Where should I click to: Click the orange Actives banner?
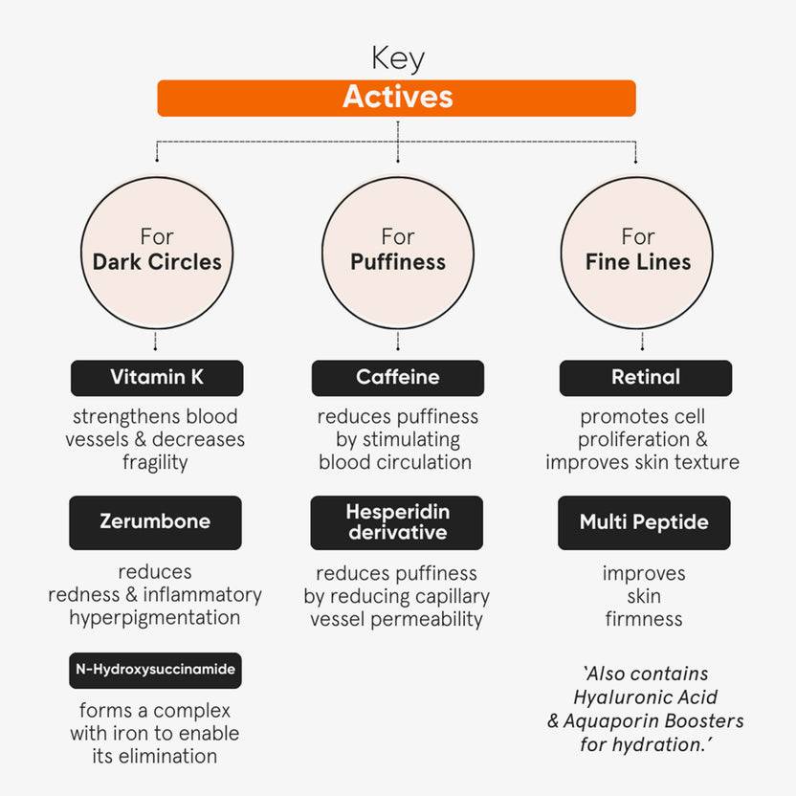tap(396, 98)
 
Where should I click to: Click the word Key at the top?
tap(397, 58)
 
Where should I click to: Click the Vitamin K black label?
tap(157, 378)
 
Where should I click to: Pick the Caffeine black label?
tap(397, 378)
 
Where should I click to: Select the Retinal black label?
tap(645, 378)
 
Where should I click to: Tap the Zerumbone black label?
tap(155, 522)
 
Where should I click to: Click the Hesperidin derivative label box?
tap(397, 522)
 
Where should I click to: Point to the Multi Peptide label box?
tap(644, 522)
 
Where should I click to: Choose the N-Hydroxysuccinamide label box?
tap(155, 670)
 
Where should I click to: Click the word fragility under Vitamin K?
tap(155, 462)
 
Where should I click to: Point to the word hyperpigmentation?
tap(155, 617)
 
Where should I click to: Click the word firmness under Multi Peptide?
tap(644, 619)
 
